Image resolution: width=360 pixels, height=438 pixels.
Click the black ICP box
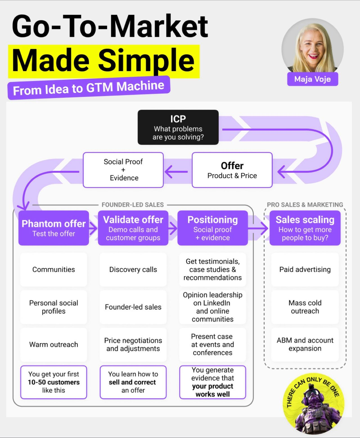[x=178, y=127]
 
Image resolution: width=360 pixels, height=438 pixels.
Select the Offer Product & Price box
[x=232, y=170]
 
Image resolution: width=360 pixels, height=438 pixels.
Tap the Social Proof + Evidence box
[x=123, y=170]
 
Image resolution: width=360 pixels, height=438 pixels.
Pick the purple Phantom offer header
[x=53, y=228]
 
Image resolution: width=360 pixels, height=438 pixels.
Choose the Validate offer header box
[x=133, y=228]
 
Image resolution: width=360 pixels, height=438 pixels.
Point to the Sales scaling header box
[x=305, y=228]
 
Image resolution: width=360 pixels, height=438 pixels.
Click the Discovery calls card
[x=133, y=269]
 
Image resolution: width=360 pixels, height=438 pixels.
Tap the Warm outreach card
[x=53, y=344]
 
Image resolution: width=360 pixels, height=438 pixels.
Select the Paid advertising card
[x=305, y=269]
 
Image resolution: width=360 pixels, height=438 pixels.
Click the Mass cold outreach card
[x=305, y=307]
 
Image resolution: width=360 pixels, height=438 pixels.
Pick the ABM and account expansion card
[x=305, y=344]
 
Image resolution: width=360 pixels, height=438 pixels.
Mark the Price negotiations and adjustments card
[x=133, y=344]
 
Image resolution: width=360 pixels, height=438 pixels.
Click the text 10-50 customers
[x=53, y=382]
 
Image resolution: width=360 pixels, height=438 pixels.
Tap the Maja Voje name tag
[x=312, y=79]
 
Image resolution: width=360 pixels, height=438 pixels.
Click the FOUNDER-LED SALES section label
[x=133, y=205]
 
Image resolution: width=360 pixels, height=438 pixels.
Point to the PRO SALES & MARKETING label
[x=305, y=205]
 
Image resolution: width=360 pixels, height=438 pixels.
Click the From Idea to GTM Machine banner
[x=89, y=88]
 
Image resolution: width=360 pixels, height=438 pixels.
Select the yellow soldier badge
[x=314, y=403]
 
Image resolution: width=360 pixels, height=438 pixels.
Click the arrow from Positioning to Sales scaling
[x=258, y=228]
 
